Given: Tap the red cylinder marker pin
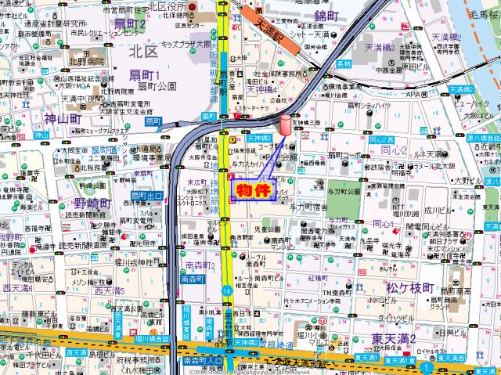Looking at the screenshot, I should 284,125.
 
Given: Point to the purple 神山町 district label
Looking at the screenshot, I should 63,119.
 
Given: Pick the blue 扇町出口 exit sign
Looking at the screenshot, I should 146,195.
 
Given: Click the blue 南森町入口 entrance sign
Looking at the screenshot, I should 202,361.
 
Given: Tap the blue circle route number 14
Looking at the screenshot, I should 225,291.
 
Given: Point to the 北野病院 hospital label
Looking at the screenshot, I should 86,59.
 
